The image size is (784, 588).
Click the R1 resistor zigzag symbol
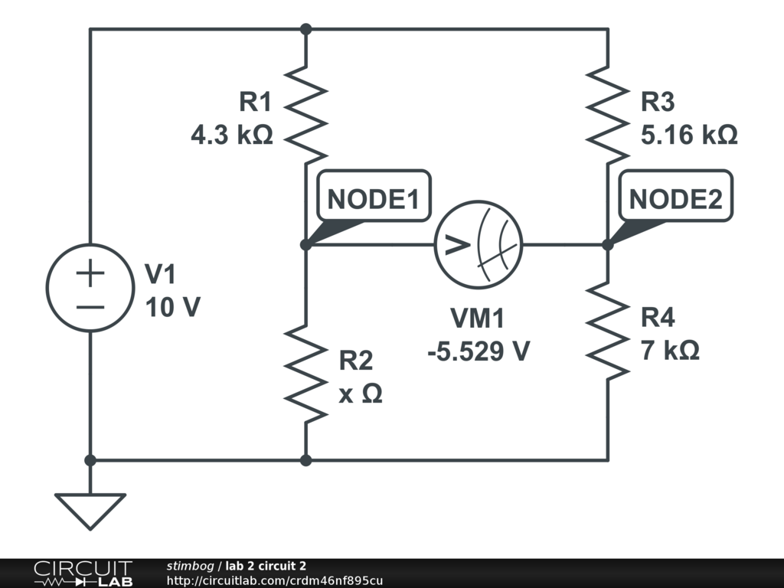pos(305,113)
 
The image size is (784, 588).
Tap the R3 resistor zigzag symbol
pos(608,113)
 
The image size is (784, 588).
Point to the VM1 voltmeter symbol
pos(479,245)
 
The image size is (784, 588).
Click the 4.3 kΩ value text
pos(232,136)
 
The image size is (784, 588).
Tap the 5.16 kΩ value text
pos(689,136)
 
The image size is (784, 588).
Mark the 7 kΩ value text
pos(670,351)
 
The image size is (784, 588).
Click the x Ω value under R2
pos(361,394)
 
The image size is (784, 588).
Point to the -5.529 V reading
pos(479,351)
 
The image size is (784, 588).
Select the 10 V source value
pos(172,307)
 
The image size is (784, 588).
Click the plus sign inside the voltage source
pos(90,273)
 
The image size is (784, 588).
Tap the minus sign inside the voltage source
pos(90,307)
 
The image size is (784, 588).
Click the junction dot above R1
pos(305,29)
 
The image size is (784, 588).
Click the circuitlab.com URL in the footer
pos(275,581)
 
